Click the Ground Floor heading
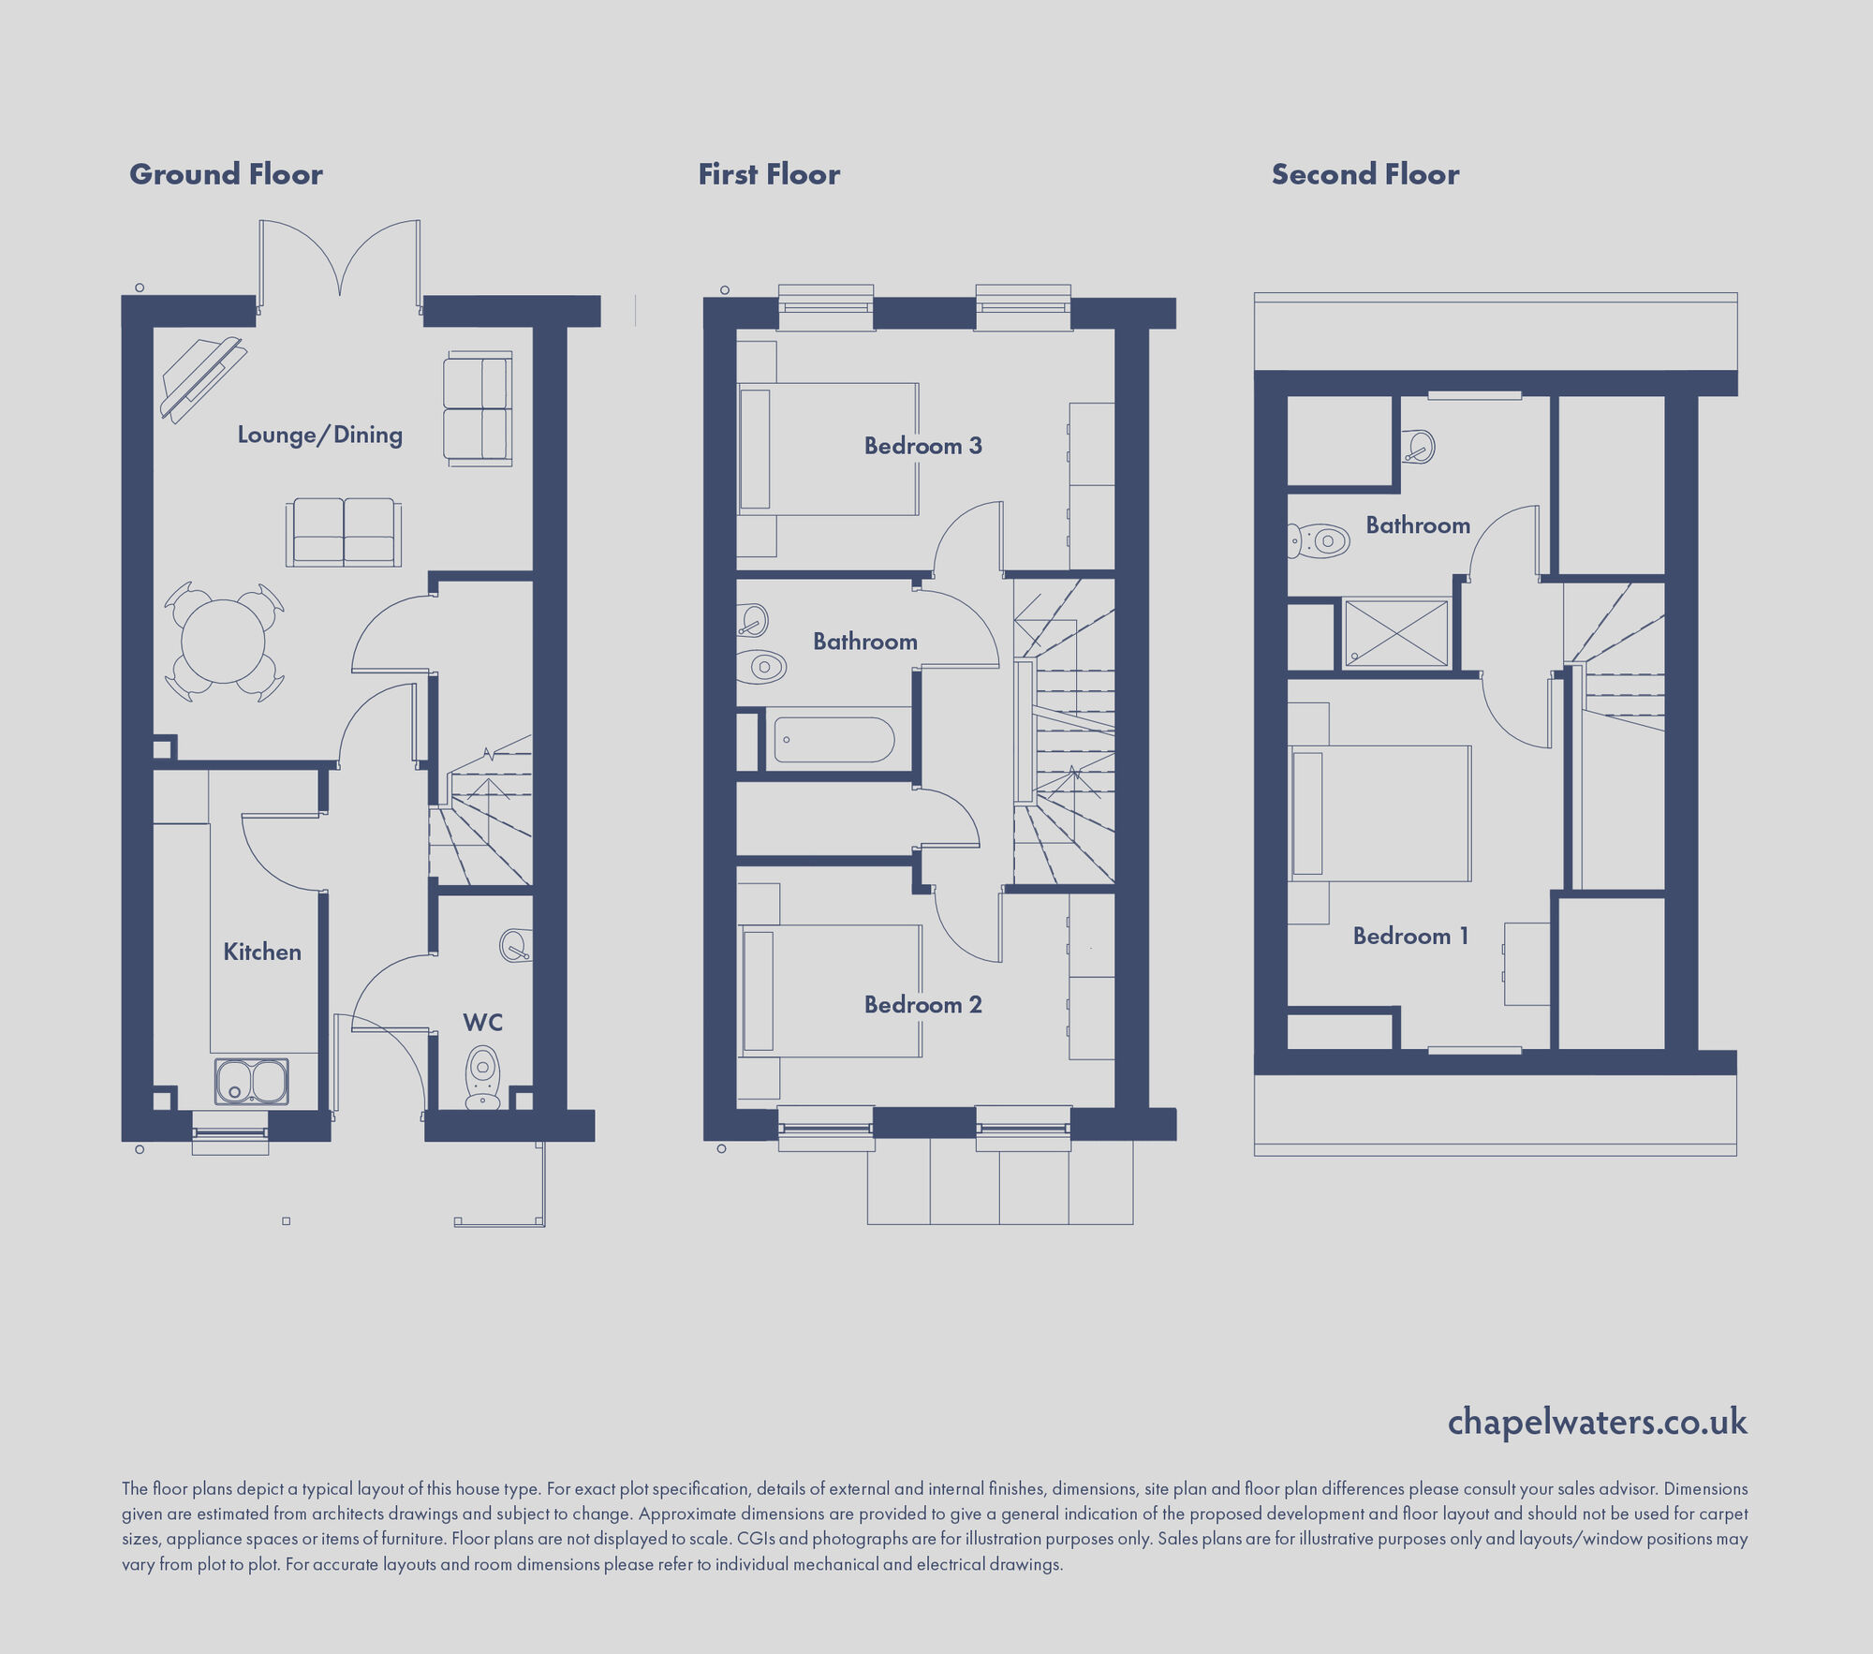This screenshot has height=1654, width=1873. click(x=226, y=174)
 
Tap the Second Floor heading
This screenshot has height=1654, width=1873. click(x=1364, y=174)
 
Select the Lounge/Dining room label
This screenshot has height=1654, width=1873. click(x=319, y=435)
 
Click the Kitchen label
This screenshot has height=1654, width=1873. click(x=262, y=952)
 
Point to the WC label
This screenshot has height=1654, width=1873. click(x=482, y=1022)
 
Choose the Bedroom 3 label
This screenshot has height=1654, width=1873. click(x=922, y=446)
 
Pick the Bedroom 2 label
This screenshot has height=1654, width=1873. click(x=922, y=1005)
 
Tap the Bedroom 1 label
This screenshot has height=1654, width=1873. click(x=1410, y=936)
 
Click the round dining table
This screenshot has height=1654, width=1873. click(x=223, y=642)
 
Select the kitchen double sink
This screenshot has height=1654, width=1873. click(x=252, y=1081)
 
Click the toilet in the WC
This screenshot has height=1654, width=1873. click(x=482, y=1077)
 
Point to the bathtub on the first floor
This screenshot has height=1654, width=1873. click(x=833, y=740)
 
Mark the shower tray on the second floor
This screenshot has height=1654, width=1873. click(x=1396, y=633)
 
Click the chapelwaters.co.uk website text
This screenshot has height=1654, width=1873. click(x=1597, y=1422)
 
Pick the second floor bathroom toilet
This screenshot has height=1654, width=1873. click(x=1319, y=540)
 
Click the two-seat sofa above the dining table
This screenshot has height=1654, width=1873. click(x=344, y=532)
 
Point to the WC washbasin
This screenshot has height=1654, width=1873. click(x=516, y=945)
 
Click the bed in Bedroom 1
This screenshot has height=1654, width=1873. click(x=1379, y=813)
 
